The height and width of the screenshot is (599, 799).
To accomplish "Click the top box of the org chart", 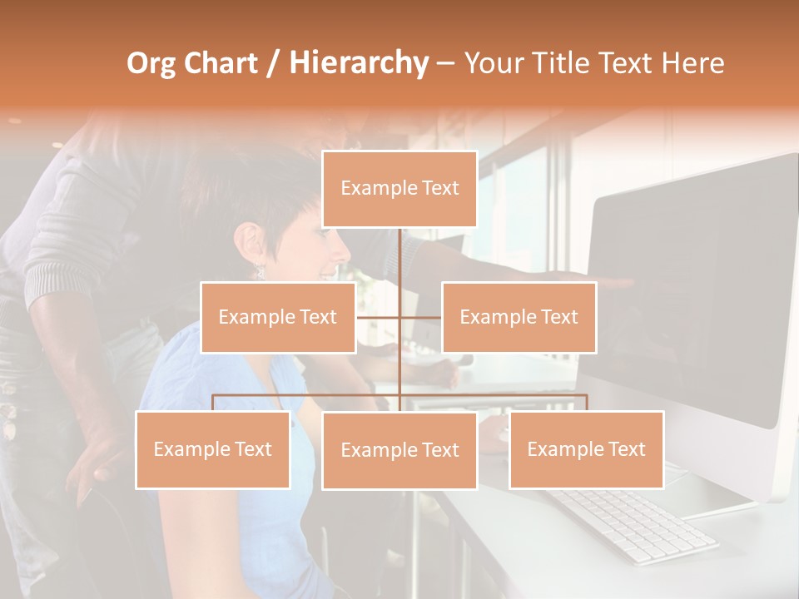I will pyautogui.click(x=399, y=189).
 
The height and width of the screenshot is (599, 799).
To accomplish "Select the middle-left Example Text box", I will pyautogui.click(x=278, y=317).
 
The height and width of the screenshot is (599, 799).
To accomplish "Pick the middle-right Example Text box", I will pyautogui.click(x=519, y=317).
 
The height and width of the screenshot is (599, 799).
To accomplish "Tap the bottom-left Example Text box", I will pyautogui.click(x=213, y=449).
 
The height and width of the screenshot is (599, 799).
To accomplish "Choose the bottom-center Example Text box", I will pyautogui.click(x=399, y=450).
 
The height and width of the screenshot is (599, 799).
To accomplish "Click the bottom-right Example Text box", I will pyautogui.click(x=586, y=449).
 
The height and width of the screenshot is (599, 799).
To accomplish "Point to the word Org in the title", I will pyautogui.click(x=151, y=63).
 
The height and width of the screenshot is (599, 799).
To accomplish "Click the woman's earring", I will pyautogui.click(x=259, y=270).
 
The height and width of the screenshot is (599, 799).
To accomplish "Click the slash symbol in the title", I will pyautogui.click(x=273, y=63).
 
